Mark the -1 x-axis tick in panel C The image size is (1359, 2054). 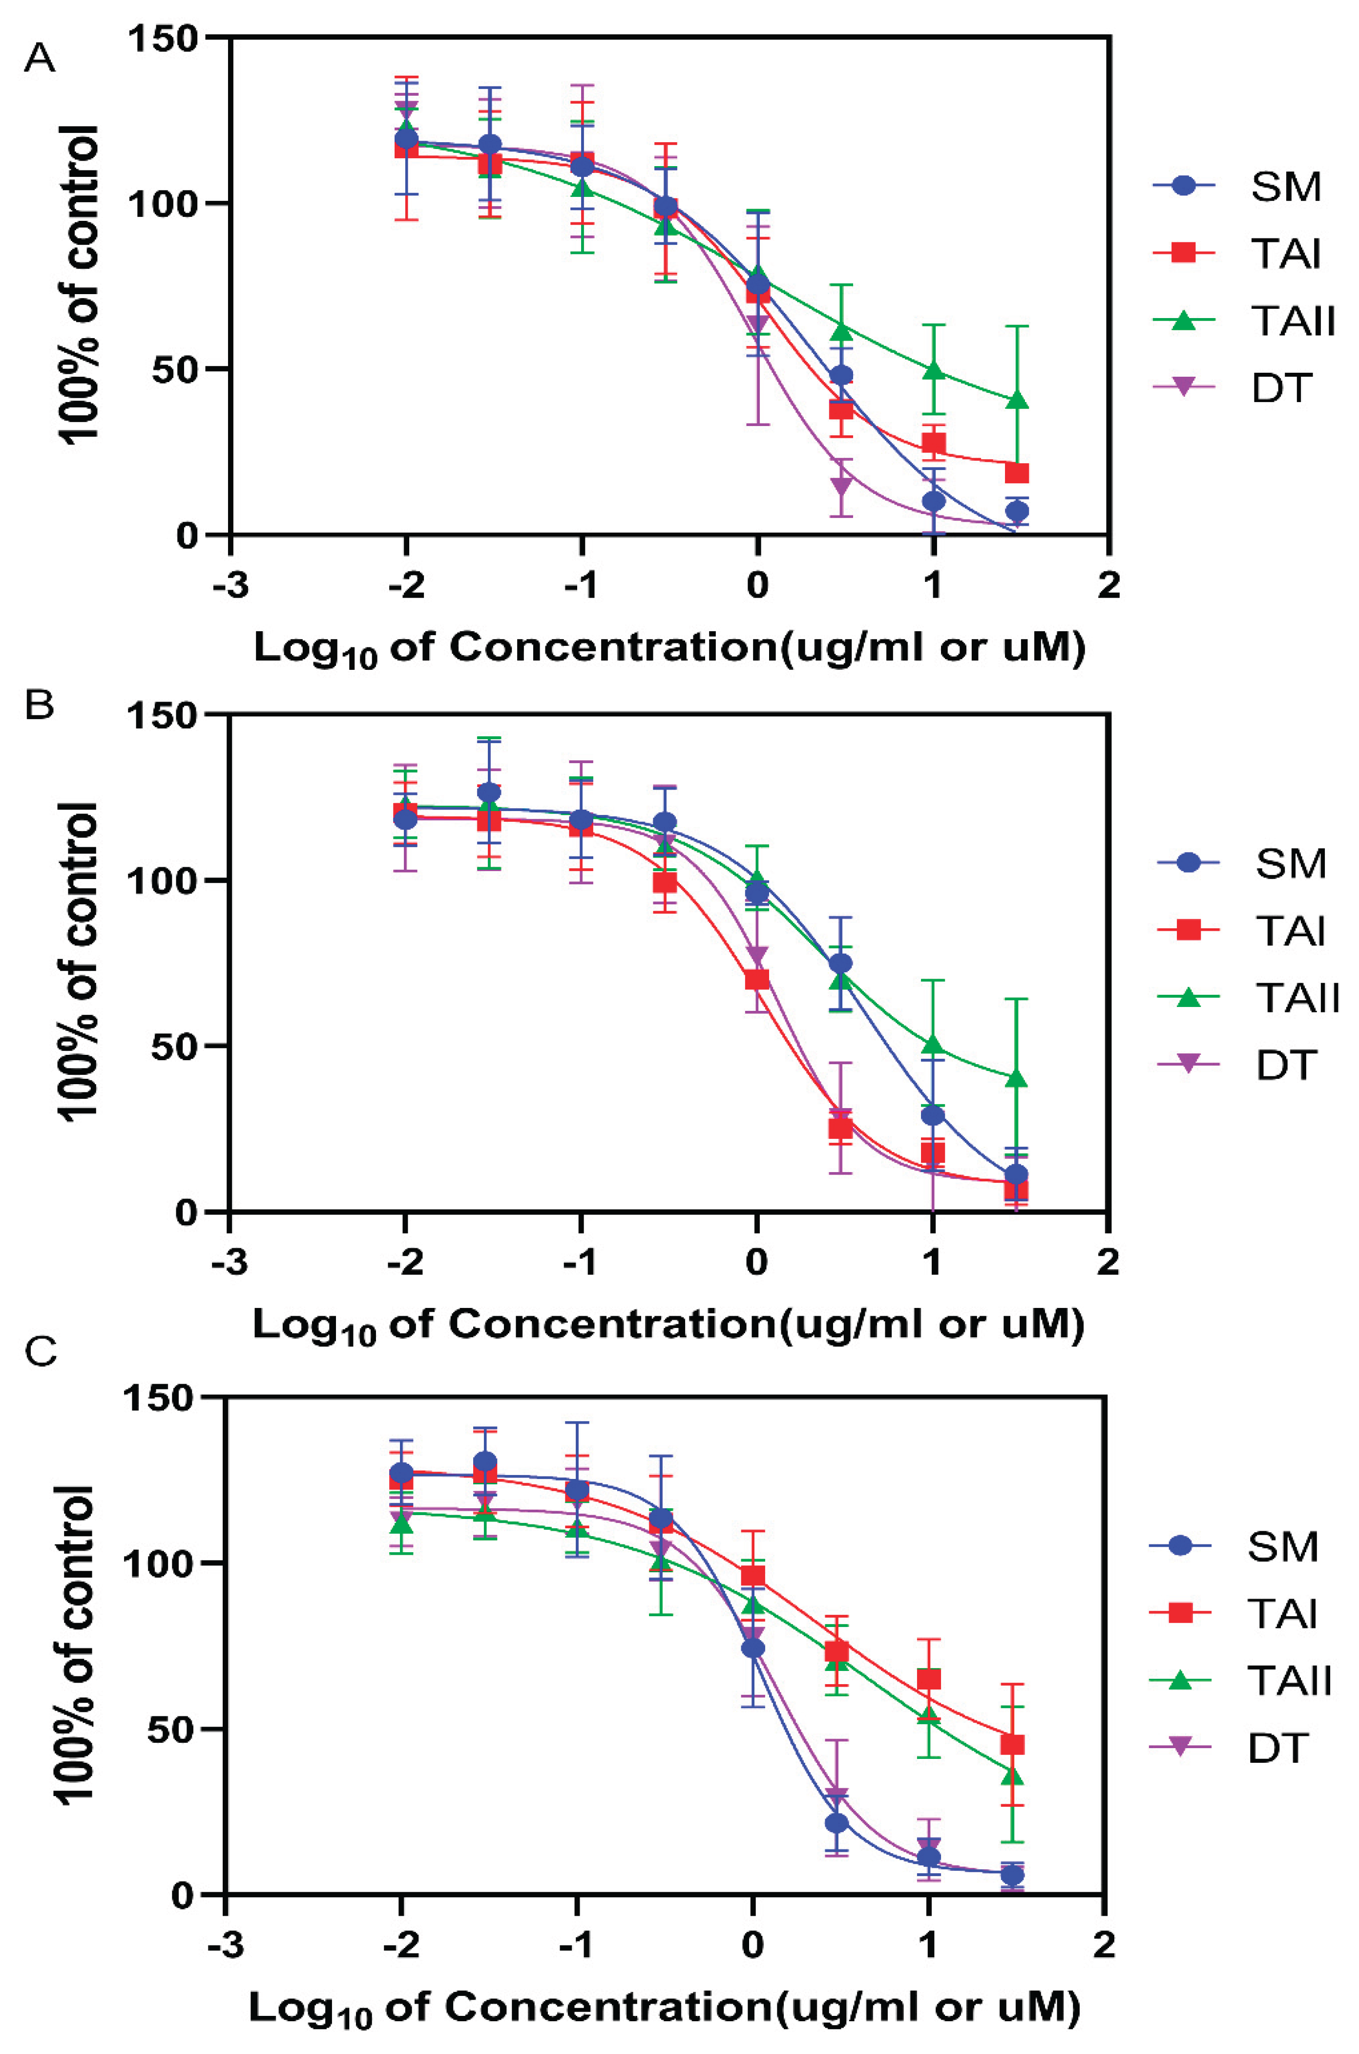click(x=576, y=1945)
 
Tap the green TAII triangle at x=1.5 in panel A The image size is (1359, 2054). click(x=1018, y=400)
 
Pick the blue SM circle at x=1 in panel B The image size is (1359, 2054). click(x=933, y=1115)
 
